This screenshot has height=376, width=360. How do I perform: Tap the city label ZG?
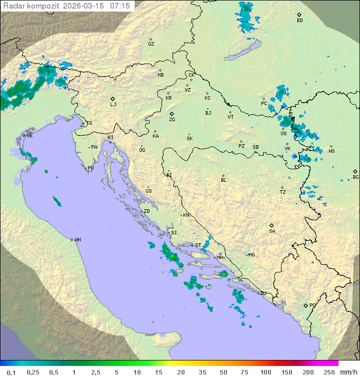(172, 120)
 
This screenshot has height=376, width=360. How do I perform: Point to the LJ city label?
(113, 105)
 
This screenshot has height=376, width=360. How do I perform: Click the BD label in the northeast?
(299, 21)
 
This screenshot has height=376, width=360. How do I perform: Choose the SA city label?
(272, 231)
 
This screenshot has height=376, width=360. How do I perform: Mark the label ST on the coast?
(198, 245)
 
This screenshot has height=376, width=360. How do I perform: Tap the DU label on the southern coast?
(262, 293)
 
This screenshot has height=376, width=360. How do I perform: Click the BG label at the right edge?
(355, 177)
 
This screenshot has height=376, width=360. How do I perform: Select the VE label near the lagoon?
(29, 136)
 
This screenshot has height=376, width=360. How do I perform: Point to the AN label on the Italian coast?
(77, 240)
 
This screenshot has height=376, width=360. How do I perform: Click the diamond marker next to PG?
(305, 305)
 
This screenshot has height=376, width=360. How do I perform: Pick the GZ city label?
(151, 44)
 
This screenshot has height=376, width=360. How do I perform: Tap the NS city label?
(331, 151)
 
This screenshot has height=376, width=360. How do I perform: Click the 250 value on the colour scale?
(328, 372)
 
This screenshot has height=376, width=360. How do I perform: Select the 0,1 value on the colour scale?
(11, 372)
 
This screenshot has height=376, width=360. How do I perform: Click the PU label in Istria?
(90, 168)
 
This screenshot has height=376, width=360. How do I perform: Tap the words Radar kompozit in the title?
(30, 6)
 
